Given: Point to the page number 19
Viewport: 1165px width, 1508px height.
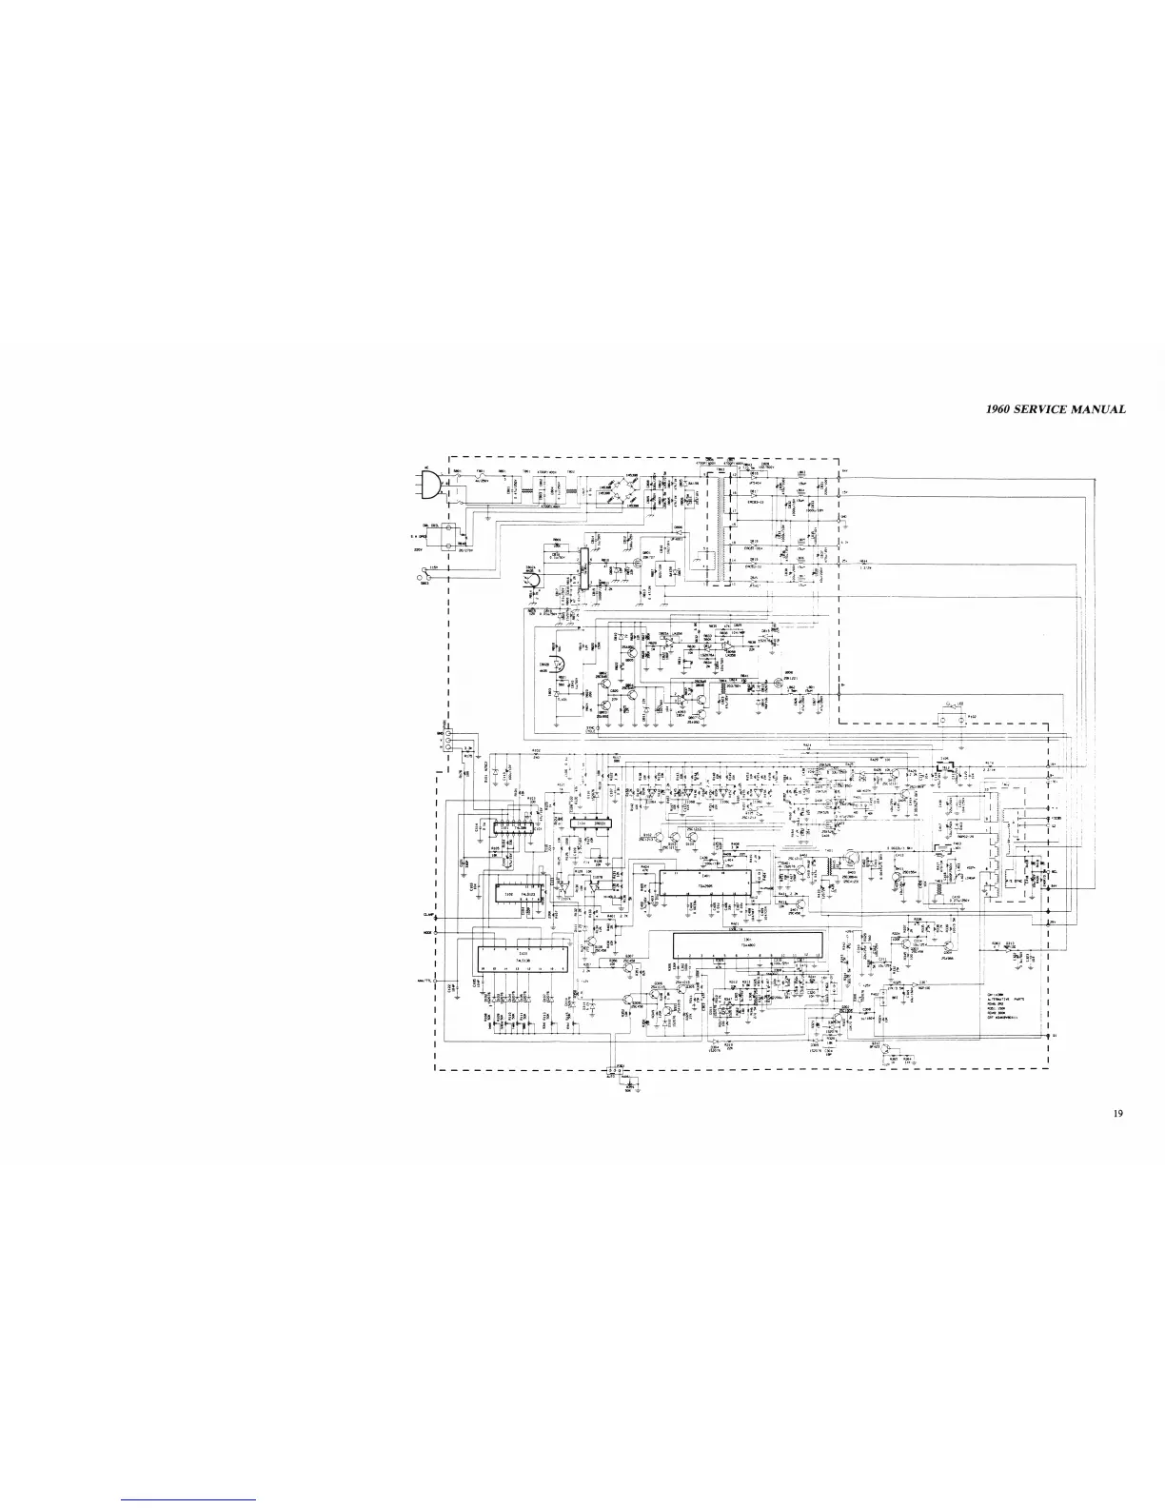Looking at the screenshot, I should click(x=1118, y=1112).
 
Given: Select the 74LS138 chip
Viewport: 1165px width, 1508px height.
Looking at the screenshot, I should click(x=521, y=956).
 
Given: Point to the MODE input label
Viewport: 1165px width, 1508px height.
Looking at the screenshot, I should click(x=429, y=931).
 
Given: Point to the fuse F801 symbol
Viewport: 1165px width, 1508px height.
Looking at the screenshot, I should click(x=480, y=477).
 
